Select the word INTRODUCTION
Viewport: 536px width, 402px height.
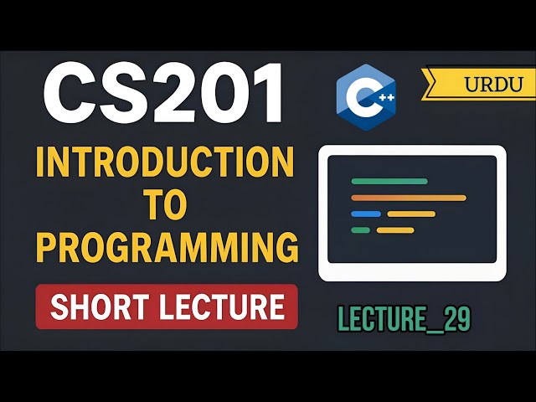click(166, 163)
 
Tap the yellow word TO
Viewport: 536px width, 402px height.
click(165, 206)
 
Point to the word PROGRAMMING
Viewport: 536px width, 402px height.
click(167, 250)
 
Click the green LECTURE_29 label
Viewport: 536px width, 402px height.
click(405, 318)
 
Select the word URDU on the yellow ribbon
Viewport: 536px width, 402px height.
click(493, 84)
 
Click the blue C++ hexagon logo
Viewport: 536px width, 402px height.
click(364, 98)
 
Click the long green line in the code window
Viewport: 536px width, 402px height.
click(389, 181)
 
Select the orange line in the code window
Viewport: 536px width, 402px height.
click(408, 198)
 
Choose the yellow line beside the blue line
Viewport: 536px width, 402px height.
click(411, 214)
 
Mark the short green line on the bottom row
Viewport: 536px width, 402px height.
click(360, 230)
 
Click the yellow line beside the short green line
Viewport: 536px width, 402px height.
click(395, 230)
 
